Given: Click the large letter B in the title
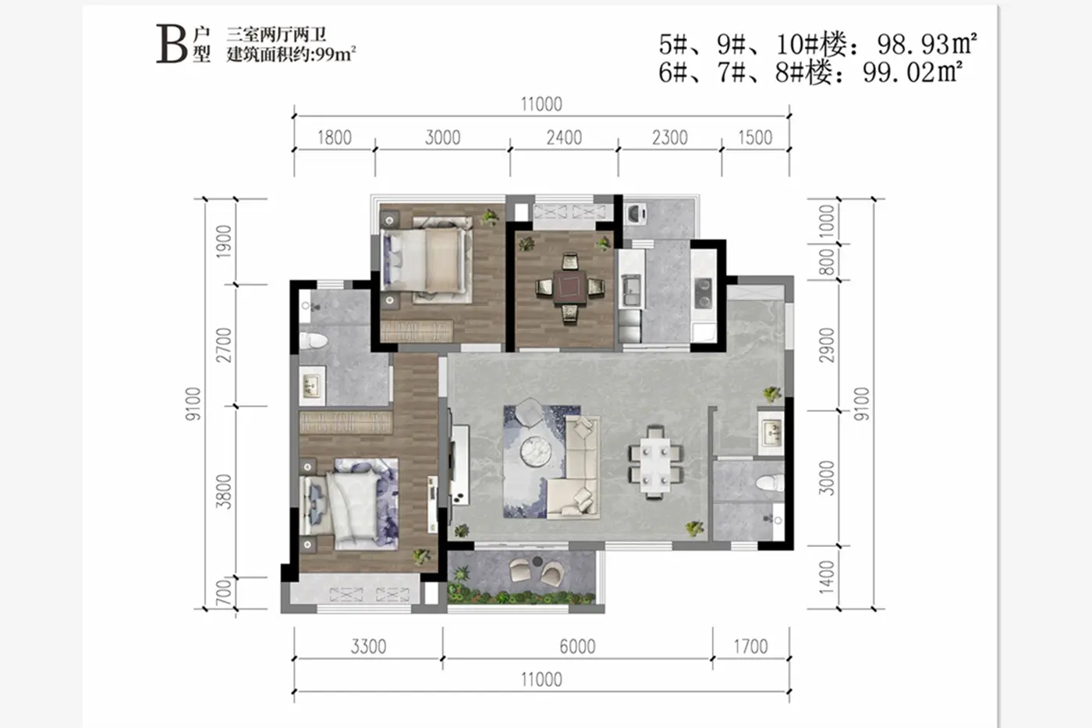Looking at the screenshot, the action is pos(171,44).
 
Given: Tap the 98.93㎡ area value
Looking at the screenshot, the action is pos(927,44).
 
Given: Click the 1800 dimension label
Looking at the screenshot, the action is pos(335,138).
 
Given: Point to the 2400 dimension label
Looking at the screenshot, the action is pos(564,138).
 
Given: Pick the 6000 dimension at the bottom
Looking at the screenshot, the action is pos(578,647).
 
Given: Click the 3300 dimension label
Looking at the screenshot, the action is pos(368,647).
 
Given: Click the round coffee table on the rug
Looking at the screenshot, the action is pos(536,452).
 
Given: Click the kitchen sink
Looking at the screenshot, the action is pos(630,289).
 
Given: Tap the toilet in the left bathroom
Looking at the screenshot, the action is pos(312,340).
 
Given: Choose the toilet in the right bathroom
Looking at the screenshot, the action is pos(771,482).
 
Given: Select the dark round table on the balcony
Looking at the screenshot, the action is pos(537,563).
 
